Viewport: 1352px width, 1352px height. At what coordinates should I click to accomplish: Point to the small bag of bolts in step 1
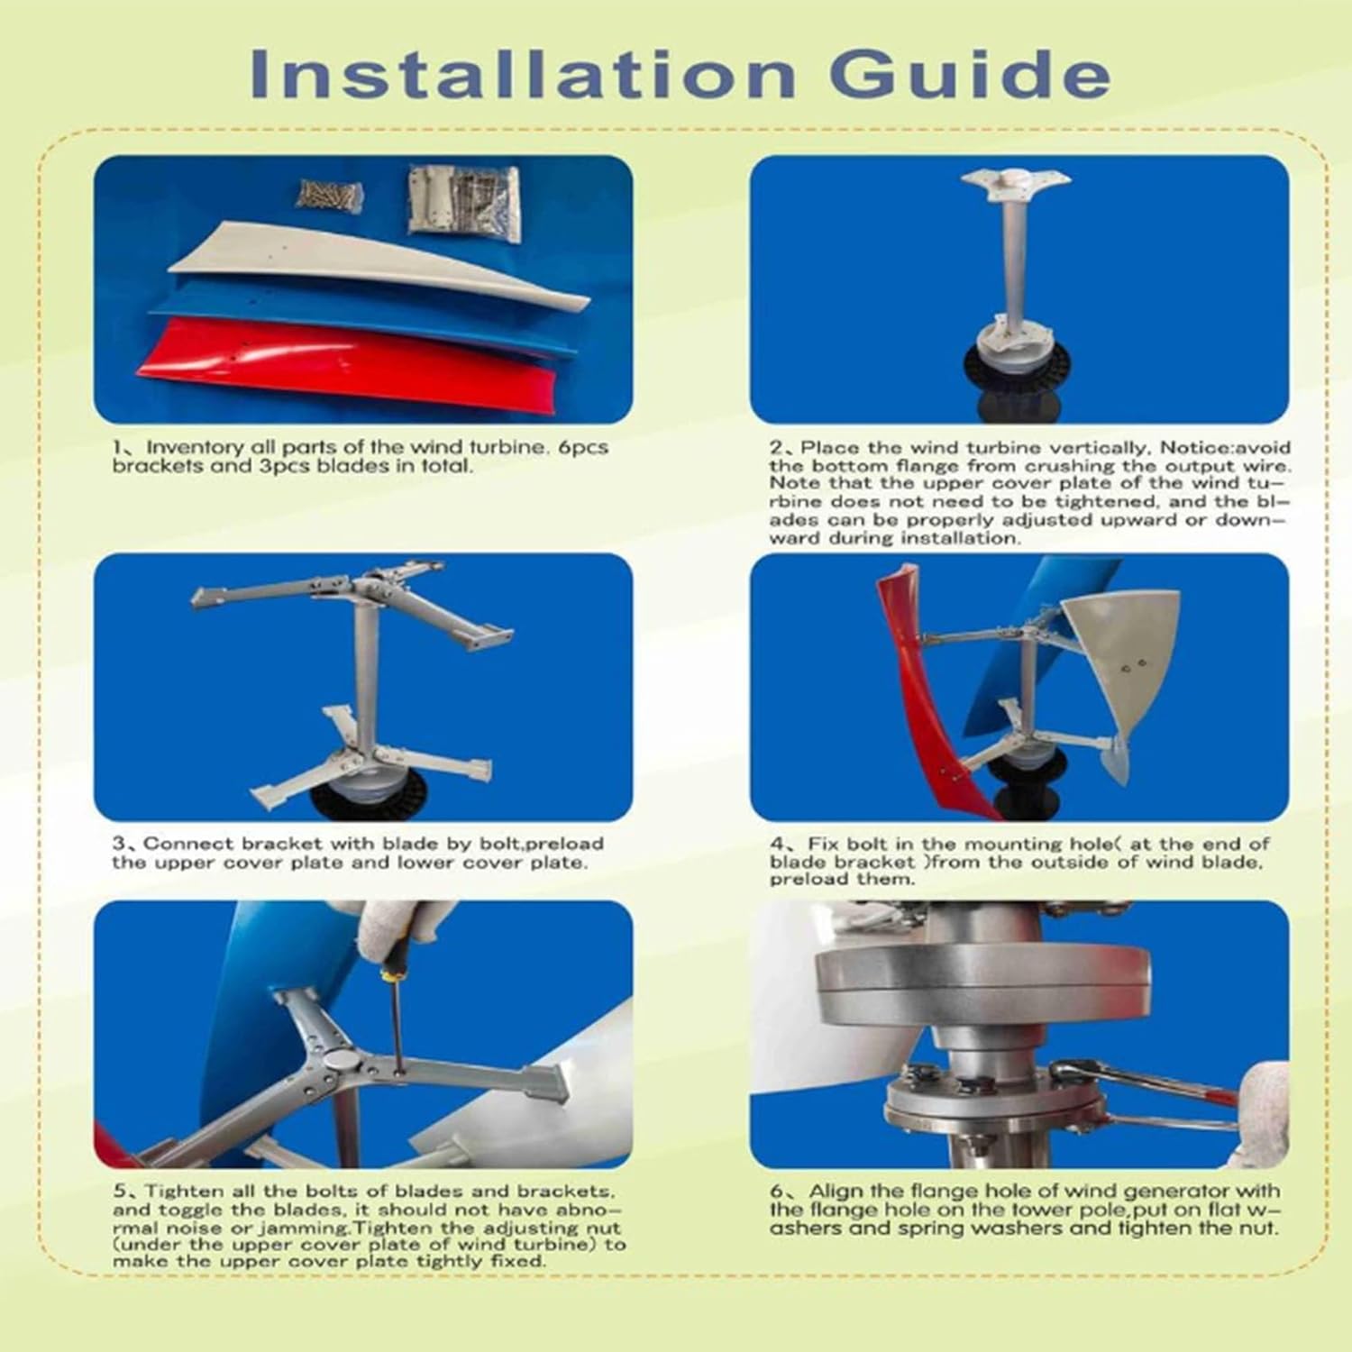(x=332, y=194)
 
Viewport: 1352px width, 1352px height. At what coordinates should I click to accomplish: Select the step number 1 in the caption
(x=118, y=448)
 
